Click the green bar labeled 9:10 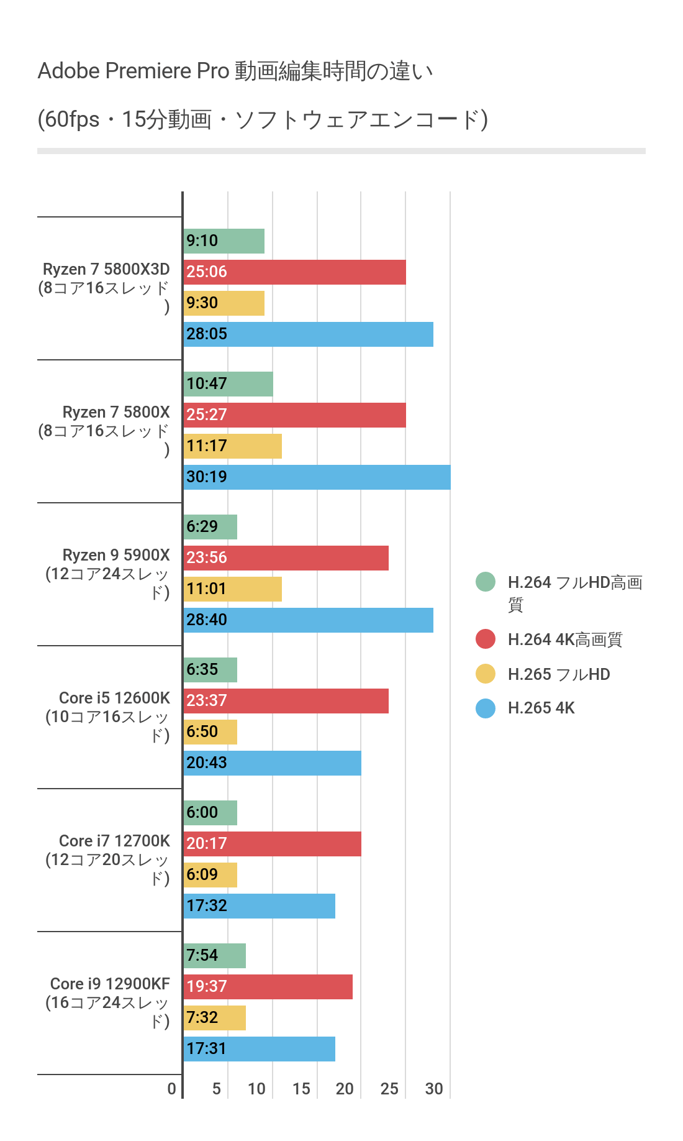tap(224, 241)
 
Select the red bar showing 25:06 tap(295, 272)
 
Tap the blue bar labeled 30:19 tap(317, 477)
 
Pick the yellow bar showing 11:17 tap(233, 446)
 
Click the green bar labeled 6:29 tap(210, 527)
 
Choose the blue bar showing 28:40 tap(309, 620)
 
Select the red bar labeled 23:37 tap(286, 701)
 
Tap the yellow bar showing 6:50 tap(210, 732)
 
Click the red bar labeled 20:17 tap(273, 844)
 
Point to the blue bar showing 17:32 tap(260, 906)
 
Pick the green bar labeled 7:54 tap(215, 956)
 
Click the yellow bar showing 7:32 tap(215, 1018)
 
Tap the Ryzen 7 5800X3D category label tap(106, 288)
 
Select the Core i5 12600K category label tap(107, 717)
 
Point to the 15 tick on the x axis tap(301, 1089)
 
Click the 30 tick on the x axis tap(434, 1089)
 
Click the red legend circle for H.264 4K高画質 tap(486, 639)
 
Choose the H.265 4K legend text tap(541, 708)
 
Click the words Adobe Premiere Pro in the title tap(133, 71)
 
